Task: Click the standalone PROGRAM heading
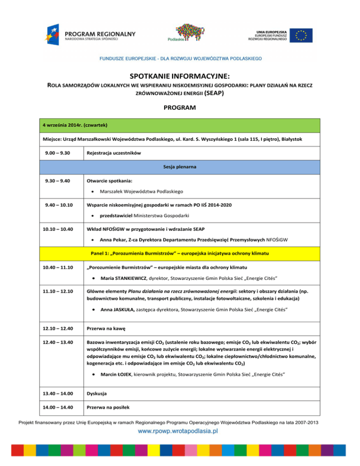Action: (x=180, y=108)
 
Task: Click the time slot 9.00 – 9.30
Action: (x=53, y=153)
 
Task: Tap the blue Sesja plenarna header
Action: (x=180, y=166)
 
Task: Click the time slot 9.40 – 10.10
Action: (x=55, y=204)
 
